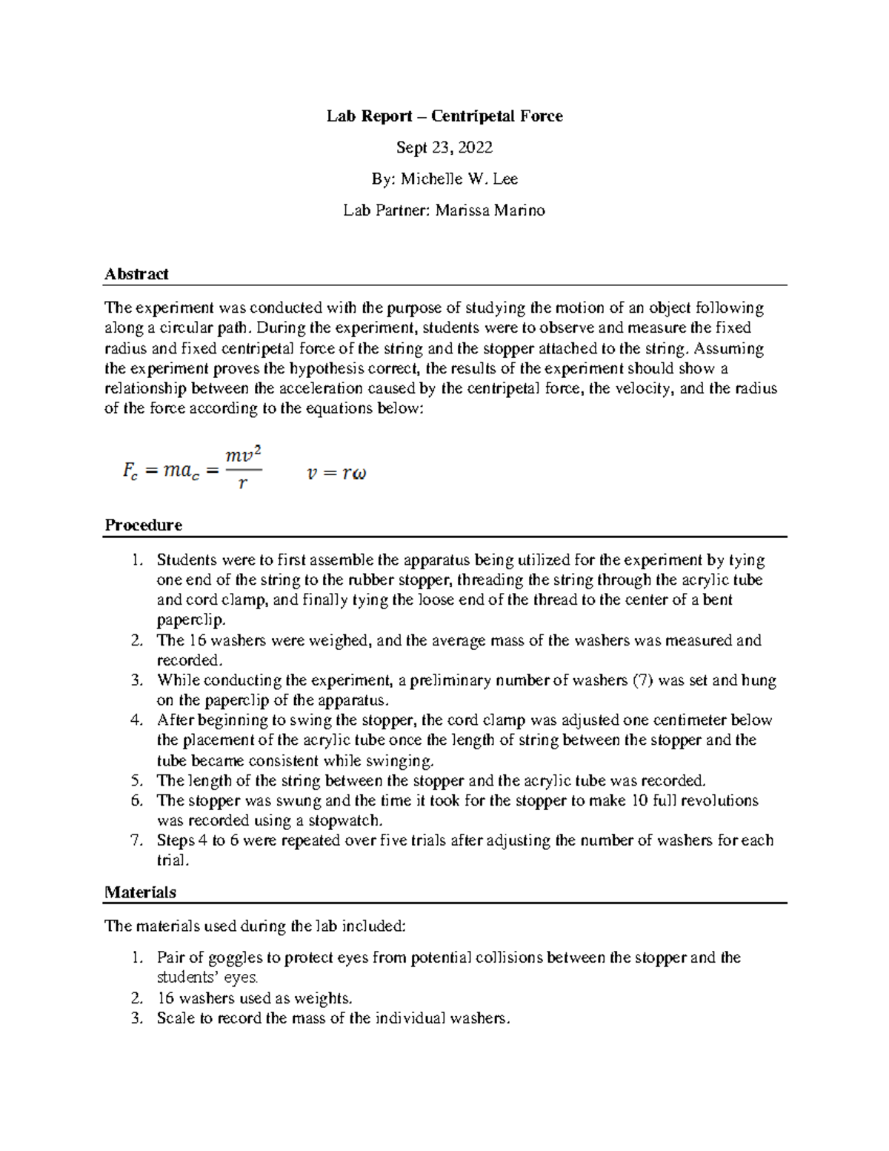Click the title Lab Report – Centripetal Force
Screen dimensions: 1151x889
444,116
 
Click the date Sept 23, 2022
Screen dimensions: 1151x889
444,147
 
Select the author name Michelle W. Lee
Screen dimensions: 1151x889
459,179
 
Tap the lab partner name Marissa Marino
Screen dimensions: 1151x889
490,210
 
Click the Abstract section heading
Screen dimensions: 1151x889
136,274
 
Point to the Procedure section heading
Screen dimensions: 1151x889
143,525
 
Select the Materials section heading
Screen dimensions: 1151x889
140,892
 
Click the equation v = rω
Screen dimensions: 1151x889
336,473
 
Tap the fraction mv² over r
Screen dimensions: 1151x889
244,468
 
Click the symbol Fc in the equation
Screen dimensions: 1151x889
130,471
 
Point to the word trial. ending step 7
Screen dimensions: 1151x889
173,860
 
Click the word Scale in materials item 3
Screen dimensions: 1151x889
174,1018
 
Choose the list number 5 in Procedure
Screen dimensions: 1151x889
136,780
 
